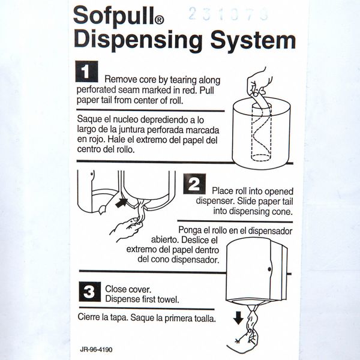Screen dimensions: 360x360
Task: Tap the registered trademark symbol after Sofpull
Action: pyautogui.click(x=160, y=20)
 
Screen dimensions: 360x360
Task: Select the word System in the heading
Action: pyautogui.click(x=253, y=41)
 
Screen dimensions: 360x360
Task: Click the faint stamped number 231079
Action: pyautogui.click(x=228, y=14)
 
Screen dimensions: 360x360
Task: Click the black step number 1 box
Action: pyautogui.click(x=86, y=71)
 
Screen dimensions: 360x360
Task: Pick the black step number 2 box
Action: pyautogui.click(x=194, y=184)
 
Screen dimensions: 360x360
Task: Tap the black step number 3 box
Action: pyautogui.click(x=90, y=292)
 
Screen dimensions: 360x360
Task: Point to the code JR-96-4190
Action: pyautogui.click(x=96, y=350)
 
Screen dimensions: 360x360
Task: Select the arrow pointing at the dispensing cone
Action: pyautogui.click(x=121, y=203)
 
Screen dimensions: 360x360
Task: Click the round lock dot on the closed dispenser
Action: pyautogui.click(x=269, y=269)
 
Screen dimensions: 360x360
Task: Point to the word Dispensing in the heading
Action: pyautogui.click(x=138, y=41)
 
